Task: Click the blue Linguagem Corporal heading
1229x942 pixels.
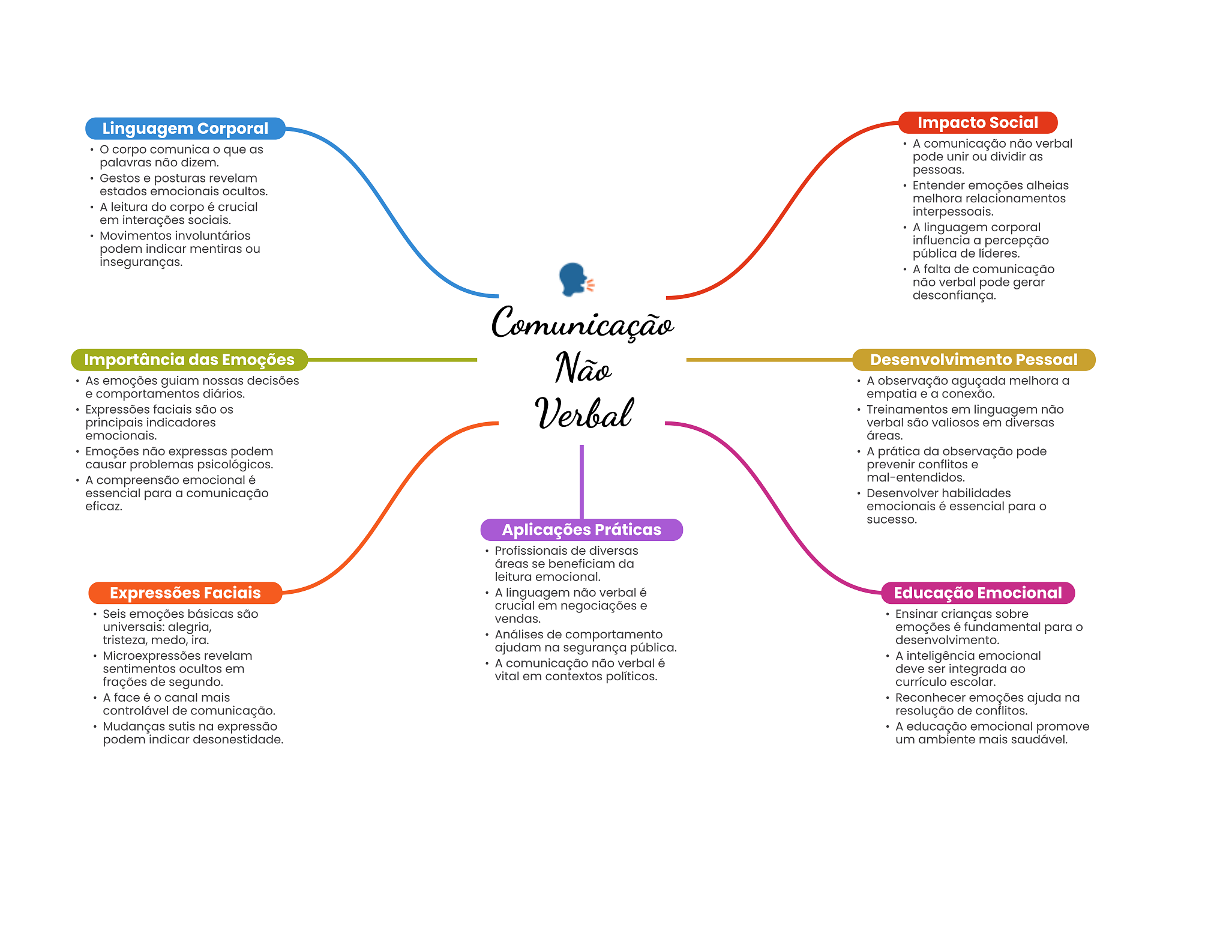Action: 185,128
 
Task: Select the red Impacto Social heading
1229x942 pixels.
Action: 977,122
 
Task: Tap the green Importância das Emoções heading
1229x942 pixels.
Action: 189,360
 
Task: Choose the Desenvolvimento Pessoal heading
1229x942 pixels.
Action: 973,360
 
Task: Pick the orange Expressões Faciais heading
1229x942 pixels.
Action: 185,593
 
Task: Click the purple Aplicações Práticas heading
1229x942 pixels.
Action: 581,530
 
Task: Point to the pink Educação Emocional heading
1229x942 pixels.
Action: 978,593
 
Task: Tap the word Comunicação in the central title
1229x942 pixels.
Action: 582,324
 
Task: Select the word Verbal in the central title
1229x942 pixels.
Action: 583,414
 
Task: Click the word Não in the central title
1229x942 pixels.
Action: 583,369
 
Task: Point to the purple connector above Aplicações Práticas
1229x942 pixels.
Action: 581,480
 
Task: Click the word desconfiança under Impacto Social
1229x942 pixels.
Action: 954,295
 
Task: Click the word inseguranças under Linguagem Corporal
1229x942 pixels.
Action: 140,262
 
